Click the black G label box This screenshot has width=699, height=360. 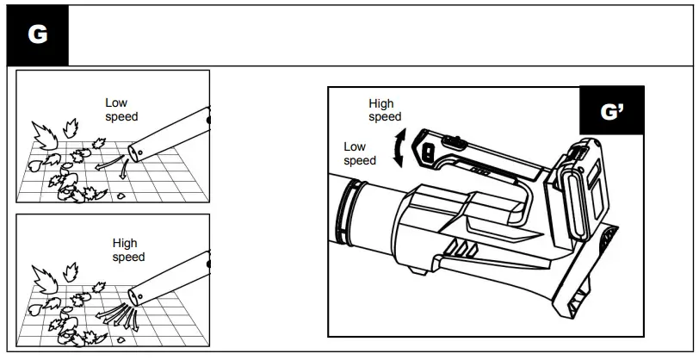[x=38, y=35]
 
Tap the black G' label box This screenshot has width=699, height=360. [x=611, y=110]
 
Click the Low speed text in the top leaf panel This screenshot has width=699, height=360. [x=121, y=109]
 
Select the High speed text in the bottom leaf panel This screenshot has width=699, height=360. [x=128, y=250]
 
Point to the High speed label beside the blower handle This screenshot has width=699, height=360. [x=385, y=109]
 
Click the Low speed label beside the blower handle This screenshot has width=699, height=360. [x=360, y=153]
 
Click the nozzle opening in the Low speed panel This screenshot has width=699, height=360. [x=133, y=152]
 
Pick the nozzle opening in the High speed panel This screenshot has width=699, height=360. [x=133, y=297]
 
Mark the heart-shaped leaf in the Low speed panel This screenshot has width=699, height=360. [x=34, y=166]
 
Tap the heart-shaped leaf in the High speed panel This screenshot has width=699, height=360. [x=34, y=309]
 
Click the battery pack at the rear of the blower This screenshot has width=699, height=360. [x=578, y=189]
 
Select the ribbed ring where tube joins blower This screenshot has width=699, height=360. [x=349, y=212]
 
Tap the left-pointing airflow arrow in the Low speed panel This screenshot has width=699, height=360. [x=108, y=163]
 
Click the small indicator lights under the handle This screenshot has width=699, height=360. [x=480, y=171]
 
